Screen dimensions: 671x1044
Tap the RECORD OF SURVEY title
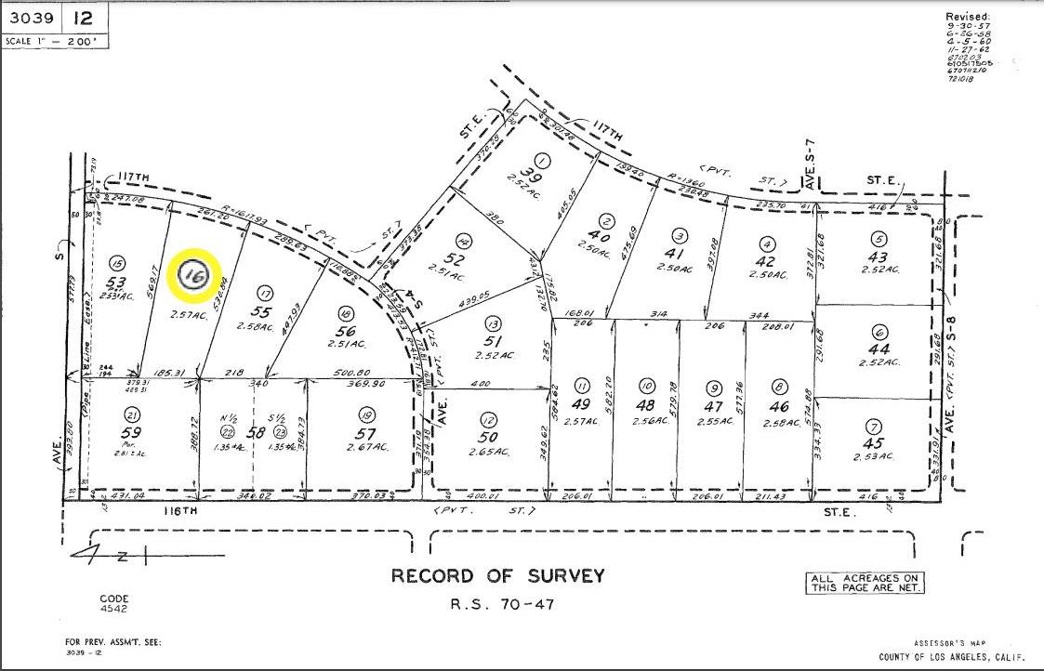497,576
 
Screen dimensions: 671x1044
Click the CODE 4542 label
115,604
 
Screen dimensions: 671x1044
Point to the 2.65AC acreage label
488,452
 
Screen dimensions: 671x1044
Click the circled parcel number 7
872,427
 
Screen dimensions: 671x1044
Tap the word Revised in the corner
968,17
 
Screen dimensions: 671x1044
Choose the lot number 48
644,406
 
